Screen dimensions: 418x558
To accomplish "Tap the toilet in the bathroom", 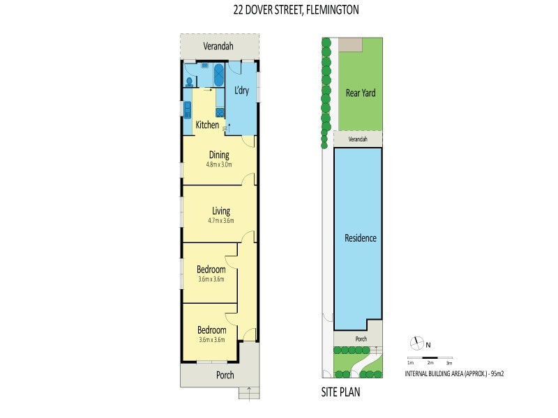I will click(190, 82).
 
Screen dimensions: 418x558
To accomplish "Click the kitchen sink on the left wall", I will click(188, 109).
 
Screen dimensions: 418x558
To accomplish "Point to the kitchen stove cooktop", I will click(220, 112).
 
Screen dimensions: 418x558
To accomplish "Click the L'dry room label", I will click(241, 91).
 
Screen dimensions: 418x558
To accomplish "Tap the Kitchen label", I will click(207, 125).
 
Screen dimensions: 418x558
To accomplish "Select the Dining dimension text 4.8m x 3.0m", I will click(218, 165).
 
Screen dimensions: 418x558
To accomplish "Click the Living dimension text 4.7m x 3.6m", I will click(221, 221).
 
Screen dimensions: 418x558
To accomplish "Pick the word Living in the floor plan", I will click(221, 210).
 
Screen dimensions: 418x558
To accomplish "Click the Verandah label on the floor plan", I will click(218, 47).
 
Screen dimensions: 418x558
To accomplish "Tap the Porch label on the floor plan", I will click(225, 375).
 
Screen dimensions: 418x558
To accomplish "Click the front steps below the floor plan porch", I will click(249, 394).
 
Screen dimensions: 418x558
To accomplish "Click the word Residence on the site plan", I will click(361, 238).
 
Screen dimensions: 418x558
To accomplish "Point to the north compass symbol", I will click(417, 343).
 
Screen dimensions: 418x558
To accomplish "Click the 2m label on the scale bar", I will click(430, 363).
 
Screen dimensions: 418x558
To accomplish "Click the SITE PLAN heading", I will click(340, 392).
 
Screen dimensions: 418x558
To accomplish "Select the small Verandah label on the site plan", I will click(358, 139).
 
